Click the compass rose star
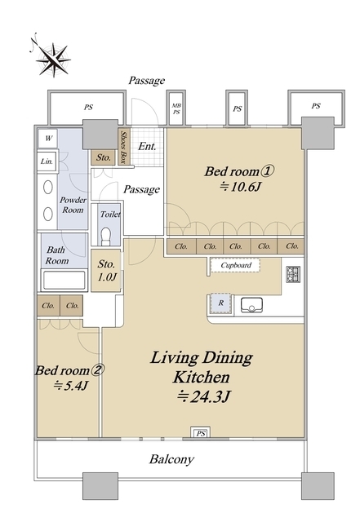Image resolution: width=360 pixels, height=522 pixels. (x=53, y=60)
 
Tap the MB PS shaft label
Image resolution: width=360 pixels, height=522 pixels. (x=176, y=108)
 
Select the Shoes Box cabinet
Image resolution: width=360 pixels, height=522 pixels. (x=123, y=147)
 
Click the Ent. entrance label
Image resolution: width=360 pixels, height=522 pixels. (x=147, y=146)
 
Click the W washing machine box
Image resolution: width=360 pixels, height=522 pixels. (x=48, y=138)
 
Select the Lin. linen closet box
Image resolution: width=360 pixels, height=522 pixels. (x=47, y=161)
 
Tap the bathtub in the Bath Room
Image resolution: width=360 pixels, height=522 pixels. (x=64, y=281)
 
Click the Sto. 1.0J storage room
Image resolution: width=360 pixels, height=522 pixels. (x=106, y=271)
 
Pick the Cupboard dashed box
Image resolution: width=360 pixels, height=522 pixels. (x=235, y=265)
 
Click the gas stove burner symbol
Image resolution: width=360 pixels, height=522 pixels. (x=293, y=275)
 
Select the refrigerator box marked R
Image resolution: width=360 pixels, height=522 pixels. (x=220, y=303)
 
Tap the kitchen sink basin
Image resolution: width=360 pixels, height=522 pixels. (x=251, y=305)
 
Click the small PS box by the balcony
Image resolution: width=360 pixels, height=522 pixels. (x=200, y=432)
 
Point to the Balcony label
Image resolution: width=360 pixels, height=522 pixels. (x=171, y=459)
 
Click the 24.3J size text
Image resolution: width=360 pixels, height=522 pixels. (x=203, y=396)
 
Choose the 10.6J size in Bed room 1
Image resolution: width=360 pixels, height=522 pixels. (x=239, y=187)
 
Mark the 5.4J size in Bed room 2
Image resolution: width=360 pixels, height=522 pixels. (x=70, y=386)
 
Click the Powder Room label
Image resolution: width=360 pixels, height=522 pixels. (x=73, y=205)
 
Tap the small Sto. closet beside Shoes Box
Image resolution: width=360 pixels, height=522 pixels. (x=104, y=157)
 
